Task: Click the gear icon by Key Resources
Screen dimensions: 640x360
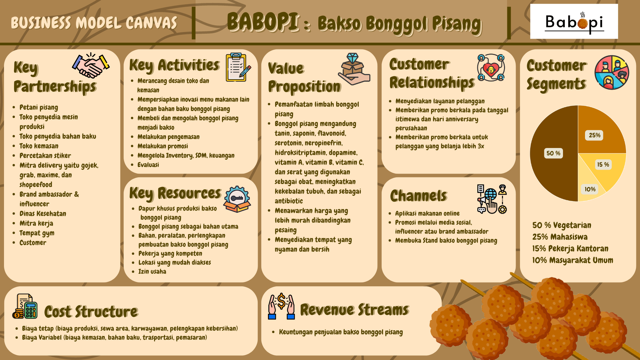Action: coord(237,199)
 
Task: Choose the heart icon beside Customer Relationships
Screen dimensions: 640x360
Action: coord(491,68)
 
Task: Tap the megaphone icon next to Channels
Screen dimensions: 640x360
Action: coord(492,199)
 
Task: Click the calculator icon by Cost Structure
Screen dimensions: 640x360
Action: coord(25,306)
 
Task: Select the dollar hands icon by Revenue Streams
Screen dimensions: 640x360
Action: coord(282,306)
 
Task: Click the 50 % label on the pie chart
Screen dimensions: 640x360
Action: coord(553,153)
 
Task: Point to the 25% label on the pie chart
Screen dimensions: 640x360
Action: coord(594,135)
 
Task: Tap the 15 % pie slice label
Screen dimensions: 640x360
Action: coord(603,165)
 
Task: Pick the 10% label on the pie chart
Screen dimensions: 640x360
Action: coord(590,189)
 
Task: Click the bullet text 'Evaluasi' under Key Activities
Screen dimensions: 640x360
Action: coord(148,165)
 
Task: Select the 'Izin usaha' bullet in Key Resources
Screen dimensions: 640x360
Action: coord(152,271)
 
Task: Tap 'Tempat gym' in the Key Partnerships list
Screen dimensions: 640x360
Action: coord(37,233)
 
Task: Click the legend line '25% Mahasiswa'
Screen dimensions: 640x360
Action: coord(560,237)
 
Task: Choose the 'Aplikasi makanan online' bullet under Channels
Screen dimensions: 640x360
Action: coord(427,213)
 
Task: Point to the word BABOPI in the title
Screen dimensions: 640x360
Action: coord(263,22)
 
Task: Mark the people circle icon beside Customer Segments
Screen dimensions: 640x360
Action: coord(612,72)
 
